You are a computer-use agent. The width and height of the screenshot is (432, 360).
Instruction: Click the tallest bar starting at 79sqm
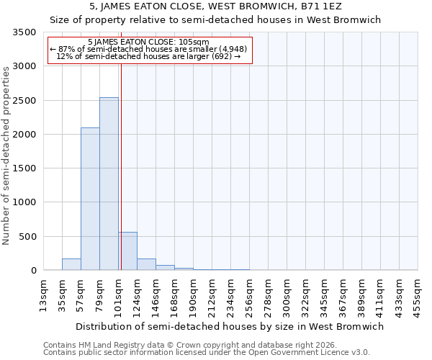click(x=109, y=184)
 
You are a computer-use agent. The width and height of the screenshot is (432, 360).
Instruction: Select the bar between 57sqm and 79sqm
click(x=90, y=199)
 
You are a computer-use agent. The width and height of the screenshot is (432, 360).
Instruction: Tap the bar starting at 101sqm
click(x=128, y=251)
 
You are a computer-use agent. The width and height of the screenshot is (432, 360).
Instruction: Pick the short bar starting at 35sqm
click(x=71, y=264)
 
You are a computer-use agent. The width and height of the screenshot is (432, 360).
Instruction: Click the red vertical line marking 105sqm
click(x=121, y=158)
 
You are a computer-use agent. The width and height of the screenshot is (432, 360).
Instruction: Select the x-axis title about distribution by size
click(x=230, y=326)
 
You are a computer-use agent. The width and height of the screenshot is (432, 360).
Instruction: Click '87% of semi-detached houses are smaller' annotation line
click(x=149, y=49)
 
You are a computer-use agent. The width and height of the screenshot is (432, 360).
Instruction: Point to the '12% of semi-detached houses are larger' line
click(x=149, y=56)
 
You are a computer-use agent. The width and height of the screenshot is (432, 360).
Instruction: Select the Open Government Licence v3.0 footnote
click(x=207, y=352)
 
